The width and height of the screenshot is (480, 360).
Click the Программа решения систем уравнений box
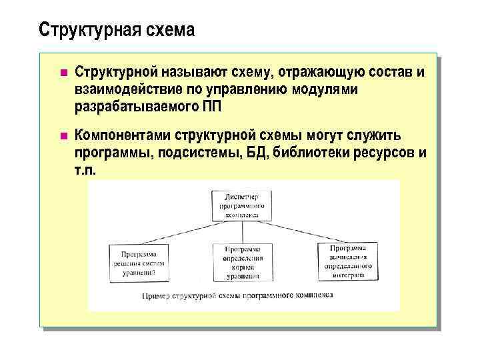coord(139,263)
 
